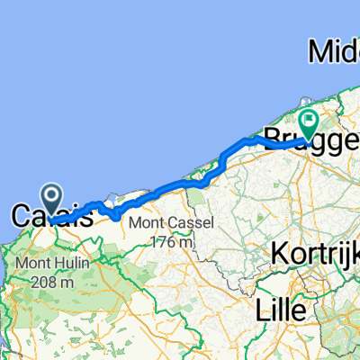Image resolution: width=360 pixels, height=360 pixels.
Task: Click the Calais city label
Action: tap(52, 216)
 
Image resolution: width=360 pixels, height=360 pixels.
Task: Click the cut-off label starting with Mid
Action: tap(334, 51)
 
